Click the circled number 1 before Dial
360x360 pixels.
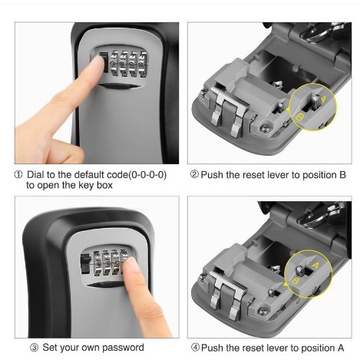click(18, 175)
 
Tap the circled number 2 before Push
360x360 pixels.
click(194, 174)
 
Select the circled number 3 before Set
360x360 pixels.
click(34, 348)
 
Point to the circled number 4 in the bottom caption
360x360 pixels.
click(196, 348)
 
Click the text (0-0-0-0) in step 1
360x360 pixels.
click(147, 175)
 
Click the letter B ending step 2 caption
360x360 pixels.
click(342, 175)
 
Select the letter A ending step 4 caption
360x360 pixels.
click(341, 348)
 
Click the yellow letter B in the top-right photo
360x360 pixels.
click(300, 117)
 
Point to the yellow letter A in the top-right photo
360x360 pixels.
click(323, 98)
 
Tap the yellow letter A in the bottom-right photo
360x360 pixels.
click(315, 266)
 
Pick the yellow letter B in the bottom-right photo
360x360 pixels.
click(296, 282)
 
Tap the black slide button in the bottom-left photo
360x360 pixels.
click(86, 264)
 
